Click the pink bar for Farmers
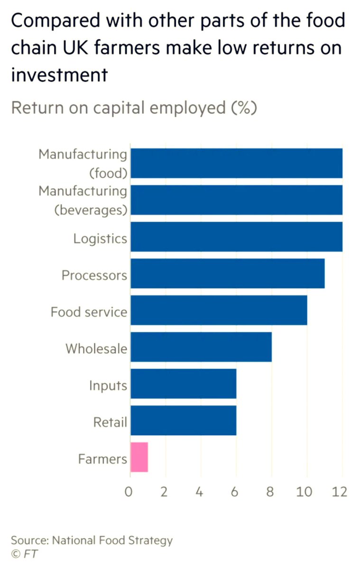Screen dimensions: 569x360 pos(139,457)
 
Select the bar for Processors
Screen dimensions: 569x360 pos(228,274)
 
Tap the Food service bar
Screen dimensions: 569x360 pos(219,311)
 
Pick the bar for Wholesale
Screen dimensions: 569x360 pos(201,347)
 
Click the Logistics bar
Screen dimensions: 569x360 pos(236,237)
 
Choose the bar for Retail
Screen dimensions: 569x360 pos(184,421)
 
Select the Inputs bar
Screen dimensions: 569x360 pos(184,384)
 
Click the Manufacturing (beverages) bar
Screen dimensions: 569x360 pos(236,200)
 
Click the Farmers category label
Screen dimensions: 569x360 pos(102,459)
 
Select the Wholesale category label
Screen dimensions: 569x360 pos(96,349)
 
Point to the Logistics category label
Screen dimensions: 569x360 pos(100,239)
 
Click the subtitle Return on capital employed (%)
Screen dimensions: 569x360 pos(134,108)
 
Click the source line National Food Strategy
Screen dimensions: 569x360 pos(92,540)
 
